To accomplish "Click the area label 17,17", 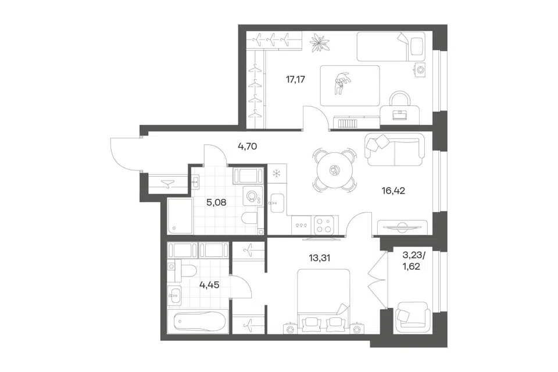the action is (x=295, y=80).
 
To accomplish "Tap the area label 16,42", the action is (x=394, y=191).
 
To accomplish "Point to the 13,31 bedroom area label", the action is (x=319, y=257).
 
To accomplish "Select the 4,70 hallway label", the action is (x=248, y=146).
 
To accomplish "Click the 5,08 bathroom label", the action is (x=216, y=202).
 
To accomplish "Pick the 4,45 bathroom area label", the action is (x=209, y=285).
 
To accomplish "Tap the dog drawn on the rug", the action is (x=341, y=83).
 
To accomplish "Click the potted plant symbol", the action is (x=320, y=42).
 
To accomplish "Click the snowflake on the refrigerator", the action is (x=276, y=174).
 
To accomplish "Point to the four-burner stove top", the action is (x=323, y=225).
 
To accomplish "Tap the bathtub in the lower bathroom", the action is (x=201, y=322).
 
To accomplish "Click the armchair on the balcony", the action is (x=412, y=316).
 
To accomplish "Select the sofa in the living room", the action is (x=395, y=150).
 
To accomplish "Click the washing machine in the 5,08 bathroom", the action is (x=253, y=196).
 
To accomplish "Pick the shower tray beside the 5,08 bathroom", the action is (x=180, y=216).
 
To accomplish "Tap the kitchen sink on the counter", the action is (x=277, y=203).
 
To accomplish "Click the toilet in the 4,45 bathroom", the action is (x=183, y=271).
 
